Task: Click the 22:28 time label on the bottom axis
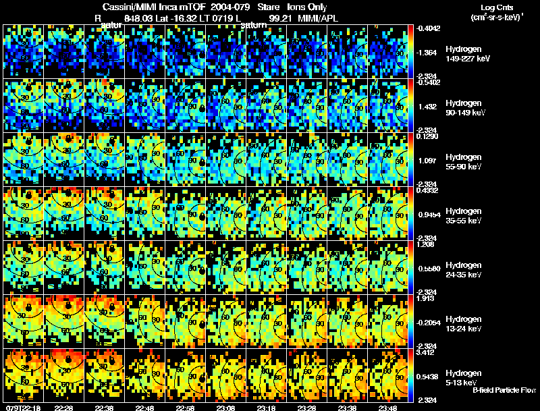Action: [64, 408]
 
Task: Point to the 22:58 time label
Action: [186, 408]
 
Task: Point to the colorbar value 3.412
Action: [429, 352]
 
